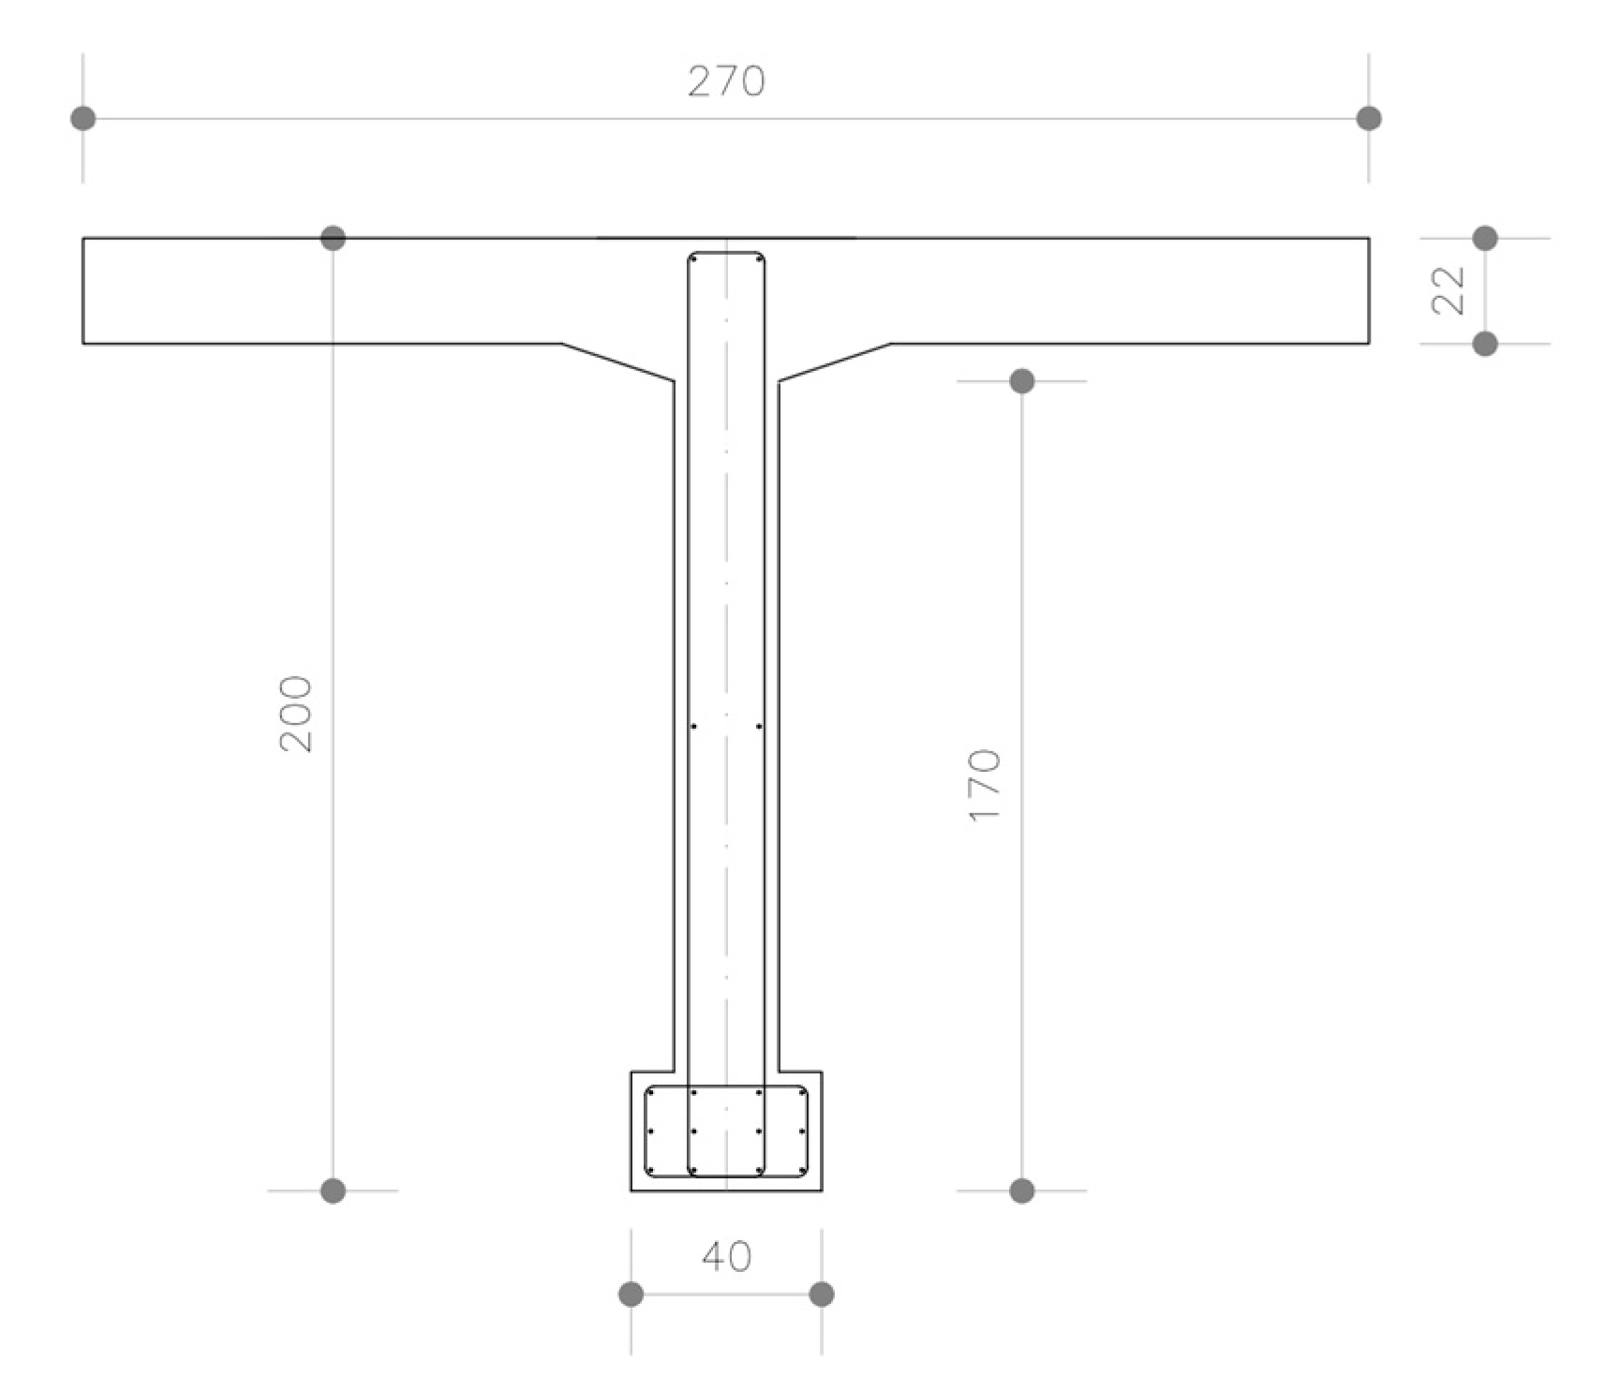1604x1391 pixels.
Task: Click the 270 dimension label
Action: (726, 81)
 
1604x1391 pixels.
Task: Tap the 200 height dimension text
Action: (296, 713)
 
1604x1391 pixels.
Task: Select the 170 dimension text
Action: (984, 785)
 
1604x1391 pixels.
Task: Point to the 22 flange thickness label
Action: (1448, 290)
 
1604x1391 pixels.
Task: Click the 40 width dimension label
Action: (726, 1256)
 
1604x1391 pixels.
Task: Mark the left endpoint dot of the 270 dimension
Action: (83, 118)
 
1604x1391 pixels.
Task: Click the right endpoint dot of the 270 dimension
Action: (1369, 118)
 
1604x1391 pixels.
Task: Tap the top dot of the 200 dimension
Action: (333, 238)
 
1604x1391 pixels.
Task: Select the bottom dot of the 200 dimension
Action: (333, 1191)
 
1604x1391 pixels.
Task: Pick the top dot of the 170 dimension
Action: (1022, 381)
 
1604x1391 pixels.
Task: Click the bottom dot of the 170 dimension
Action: (1022, 1191)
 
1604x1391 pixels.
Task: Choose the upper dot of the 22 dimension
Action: (1485, 238)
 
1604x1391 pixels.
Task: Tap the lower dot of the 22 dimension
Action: (1485, 344)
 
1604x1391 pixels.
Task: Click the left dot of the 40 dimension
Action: (631, 1295)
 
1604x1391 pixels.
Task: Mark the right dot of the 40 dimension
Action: (822, 1295)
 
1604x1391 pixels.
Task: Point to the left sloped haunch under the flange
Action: (617, 363)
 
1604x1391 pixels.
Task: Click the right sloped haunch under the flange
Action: (835, 363)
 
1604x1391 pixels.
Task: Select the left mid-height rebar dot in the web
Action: (693, 726)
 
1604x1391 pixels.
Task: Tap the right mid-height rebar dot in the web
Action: (759, 726)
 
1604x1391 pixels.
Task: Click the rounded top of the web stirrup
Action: (726, 252)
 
